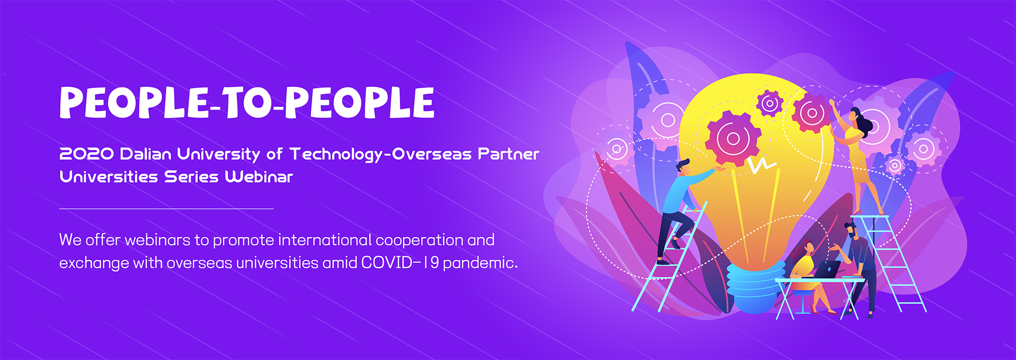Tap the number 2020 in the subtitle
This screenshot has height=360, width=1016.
(86, 154)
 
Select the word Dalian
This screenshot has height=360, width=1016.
(146, 154)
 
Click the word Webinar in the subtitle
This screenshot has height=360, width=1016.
(259, 177)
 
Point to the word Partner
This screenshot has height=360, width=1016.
(509, 154)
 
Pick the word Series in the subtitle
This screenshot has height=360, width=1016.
(191, 177)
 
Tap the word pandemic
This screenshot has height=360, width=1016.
(481, 263)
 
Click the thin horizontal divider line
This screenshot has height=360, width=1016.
(166, 209)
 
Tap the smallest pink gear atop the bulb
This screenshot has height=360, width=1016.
(770, 104)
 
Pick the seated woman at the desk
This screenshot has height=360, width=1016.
(809, 276)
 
